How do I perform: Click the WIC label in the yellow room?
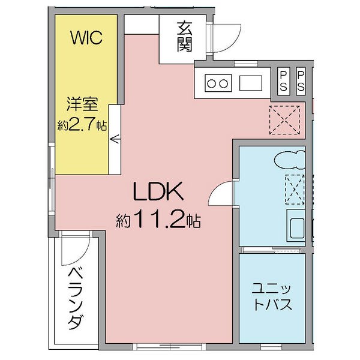point(86,38)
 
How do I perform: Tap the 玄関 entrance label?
point(184,37)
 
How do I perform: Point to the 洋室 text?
point(82,104)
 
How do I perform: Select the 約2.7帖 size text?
point(82,125)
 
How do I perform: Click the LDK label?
point(158,191)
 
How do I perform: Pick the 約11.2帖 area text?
point(158,220)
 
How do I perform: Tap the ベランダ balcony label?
point(76,298)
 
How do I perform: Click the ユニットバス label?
point(272,297)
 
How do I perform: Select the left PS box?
point(284,81)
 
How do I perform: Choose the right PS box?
point(301,81)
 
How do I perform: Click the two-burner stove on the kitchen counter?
point(218,83)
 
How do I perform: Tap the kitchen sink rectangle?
point(251,83)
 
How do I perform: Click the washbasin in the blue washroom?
point(296,228)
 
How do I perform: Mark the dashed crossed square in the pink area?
point(284,120)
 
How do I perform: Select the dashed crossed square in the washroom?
point(295,190)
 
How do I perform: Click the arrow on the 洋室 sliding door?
point(115,139)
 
